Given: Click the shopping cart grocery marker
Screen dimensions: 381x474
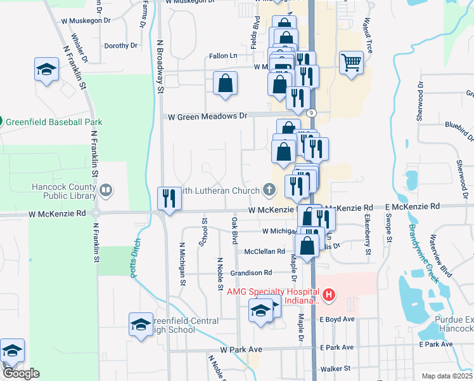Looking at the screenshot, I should (x=351, y=63).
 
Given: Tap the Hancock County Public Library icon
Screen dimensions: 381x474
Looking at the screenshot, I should (x=106, y=189).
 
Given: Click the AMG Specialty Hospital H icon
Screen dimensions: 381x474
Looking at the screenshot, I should (x=329, y=294).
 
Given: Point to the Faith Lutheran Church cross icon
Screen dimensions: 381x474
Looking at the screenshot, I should (x=269, y=189).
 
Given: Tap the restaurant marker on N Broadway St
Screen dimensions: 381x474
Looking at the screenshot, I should (x=169, y=197).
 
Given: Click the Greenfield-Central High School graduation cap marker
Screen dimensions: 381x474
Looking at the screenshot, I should (x=141, y=324).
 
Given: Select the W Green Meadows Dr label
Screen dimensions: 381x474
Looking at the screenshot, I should (x=207, y=116).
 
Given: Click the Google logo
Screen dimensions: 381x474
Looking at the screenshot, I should (x=21, y=374).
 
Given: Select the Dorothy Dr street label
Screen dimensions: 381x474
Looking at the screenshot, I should (x=120, y=46).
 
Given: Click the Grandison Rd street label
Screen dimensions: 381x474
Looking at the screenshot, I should (x=250, y=272).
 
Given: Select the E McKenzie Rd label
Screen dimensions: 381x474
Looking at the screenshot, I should (x=412, y=207).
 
